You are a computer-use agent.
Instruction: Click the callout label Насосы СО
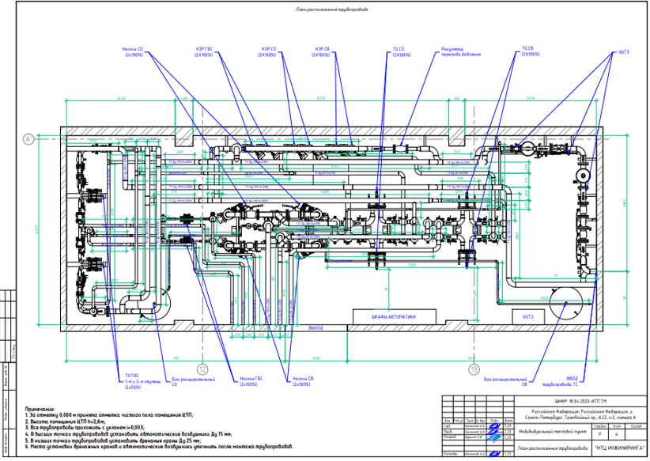coord(132,51)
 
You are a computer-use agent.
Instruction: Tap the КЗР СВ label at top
coord(321,51)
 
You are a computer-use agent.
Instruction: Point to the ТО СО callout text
coord(401,51)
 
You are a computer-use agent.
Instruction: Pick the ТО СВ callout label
coord(529,51)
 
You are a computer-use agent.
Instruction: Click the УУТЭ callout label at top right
coord(613,51)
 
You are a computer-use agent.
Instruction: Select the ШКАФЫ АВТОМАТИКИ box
coord(393,317)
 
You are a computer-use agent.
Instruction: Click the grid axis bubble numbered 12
coord(202,368)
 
